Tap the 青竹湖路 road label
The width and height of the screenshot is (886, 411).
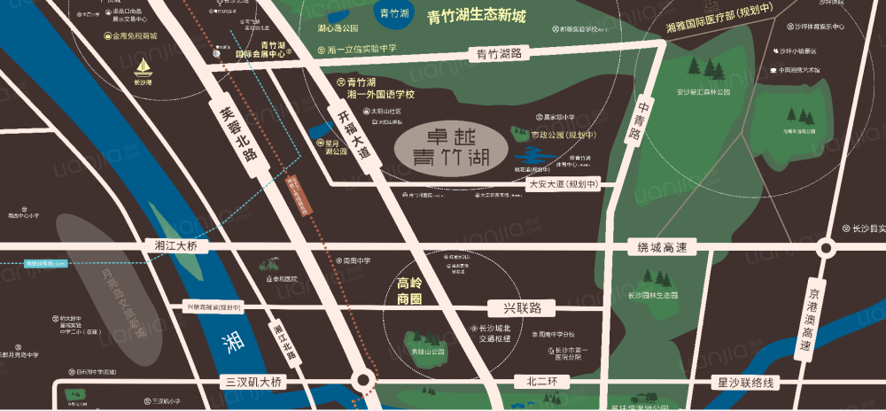(499, 54)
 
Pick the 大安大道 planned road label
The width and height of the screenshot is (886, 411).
(563, 184)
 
